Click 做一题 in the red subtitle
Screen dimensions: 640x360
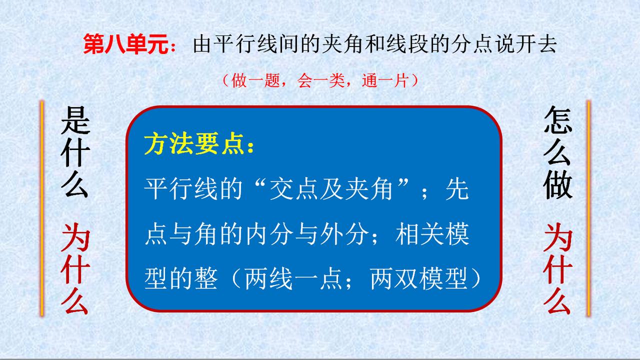tap(255, 80)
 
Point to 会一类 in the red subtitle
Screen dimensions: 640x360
tap(320, 80)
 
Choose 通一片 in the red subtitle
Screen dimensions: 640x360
tap(385, 80)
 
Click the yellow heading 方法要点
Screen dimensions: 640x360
tap(194, 143)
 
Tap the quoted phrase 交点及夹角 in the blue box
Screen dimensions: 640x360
tap(330, 188)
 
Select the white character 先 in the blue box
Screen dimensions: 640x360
tap(457, 188)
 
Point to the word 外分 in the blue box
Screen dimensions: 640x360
tap(344, 233)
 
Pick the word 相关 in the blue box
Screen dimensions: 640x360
tap(419, 233)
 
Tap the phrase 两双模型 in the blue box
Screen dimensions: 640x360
tap(419, 278)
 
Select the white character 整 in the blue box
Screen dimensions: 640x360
tap(205, 278)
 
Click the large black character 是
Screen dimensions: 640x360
tap(75, 120)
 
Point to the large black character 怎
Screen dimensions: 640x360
tap(557, 119)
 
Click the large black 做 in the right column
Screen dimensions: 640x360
tap(557, 184)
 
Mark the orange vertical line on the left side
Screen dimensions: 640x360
tap(42, 208)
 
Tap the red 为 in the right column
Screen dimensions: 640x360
tap(557, 237)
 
